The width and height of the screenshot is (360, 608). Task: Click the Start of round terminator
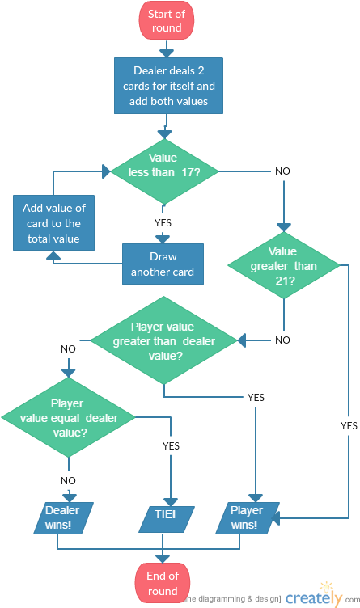[166, 22]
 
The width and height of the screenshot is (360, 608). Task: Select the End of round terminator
[163, 583]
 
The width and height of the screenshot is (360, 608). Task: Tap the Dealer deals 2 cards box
[167, 86]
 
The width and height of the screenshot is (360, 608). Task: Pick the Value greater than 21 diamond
[282, 266]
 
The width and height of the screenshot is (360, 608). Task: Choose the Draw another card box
[163, 264]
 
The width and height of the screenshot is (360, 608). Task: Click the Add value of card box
[53, 222]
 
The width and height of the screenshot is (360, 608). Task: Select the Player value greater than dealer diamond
[163, 341]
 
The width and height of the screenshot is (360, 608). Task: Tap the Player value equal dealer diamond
[69, 418]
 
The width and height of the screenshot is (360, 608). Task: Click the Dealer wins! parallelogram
[62, 517]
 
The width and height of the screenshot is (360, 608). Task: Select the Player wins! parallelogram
[247, 517]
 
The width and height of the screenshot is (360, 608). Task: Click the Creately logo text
[315, 598]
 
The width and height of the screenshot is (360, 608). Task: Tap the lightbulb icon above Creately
[326, 585]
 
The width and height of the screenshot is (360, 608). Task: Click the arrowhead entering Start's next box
[166, 53]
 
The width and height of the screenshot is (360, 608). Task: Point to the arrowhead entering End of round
[163, 558]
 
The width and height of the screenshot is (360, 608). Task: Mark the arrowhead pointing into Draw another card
[163, 239]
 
